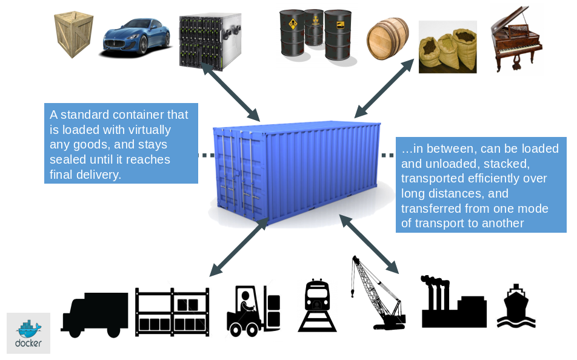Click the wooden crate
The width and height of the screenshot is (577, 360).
click(73, 35)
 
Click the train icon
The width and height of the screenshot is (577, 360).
click(317, 305)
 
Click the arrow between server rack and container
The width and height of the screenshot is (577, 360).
click(230, 92)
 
